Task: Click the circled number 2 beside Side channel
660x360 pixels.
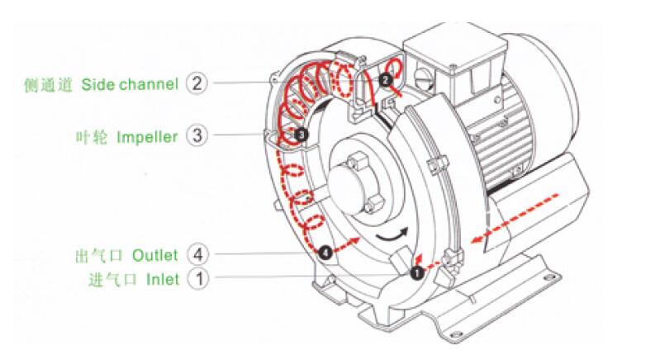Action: point(197,83)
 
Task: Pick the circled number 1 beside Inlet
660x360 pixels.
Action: point(197,278)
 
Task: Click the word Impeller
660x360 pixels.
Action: point(147,136)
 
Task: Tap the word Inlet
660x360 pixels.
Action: point(163,279)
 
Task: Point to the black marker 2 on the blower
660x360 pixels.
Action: point(386,79)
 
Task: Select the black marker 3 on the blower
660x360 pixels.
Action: point(301,132)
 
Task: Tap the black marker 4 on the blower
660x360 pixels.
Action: point(325,251)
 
